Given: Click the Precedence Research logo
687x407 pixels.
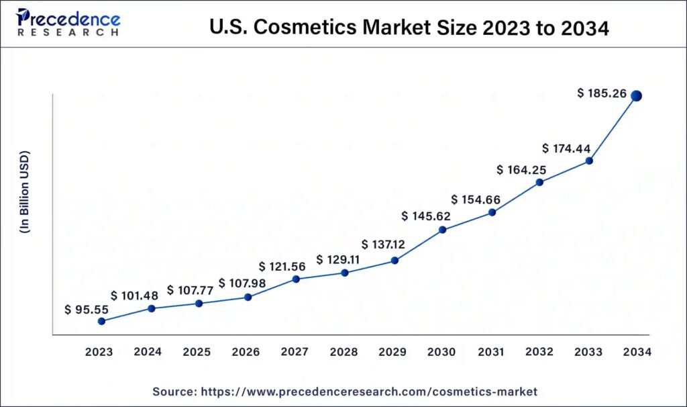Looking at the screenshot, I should (x=69, y=23).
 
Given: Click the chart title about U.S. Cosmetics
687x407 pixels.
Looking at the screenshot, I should (x=409, y=28).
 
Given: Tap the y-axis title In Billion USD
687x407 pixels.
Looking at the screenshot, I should (x=25, y=192).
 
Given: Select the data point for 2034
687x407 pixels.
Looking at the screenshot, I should (x=636, y=96).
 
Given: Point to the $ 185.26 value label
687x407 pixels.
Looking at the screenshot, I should (x=602, y=94).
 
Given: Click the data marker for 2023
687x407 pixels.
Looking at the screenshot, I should (x=101, y=321).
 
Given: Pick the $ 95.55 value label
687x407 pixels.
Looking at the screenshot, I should (x=87, y=310).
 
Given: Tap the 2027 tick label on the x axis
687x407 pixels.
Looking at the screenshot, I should (x=295, y=352).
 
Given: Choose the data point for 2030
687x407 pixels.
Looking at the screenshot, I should (x=442, y=230).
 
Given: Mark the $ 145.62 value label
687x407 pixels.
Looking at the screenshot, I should (x=426, y=216).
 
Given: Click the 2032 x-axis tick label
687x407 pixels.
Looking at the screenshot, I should (x=539, y=352).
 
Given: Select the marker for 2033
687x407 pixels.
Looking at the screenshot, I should (x=589, y=161).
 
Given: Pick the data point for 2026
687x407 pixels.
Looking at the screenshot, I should (x=248, y=297).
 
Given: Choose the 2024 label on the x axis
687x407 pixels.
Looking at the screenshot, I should (x=148, y=352).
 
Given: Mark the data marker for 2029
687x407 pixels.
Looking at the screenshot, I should (x=394, y=260).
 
